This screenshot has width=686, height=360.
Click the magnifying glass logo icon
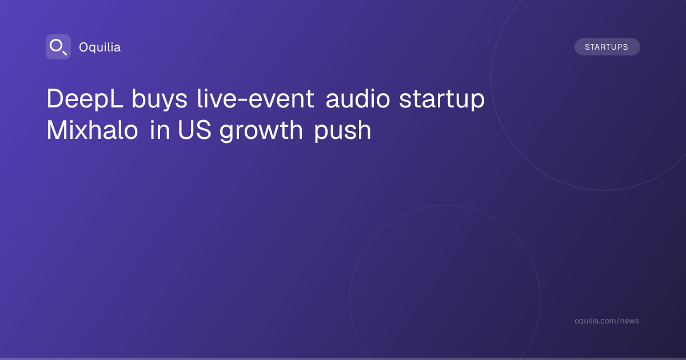pyautogui.click(x=58, y=47)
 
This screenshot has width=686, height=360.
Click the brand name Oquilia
pyautogui.click(x=100, y=47)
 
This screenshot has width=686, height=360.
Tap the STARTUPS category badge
pyautogui.click(x=607, y=47)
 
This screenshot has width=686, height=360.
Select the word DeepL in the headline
pyautogui.click(x=85, y=99)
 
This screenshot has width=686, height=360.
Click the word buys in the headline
pyautogui.click(x=159, y=99)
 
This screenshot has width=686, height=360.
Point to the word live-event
pyautogui.click(x=256, y=98)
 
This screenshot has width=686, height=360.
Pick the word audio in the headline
pyautogui.click(x=358, y=98)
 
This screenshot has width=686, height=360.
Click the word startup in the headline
pyautogui.click(x=441, y=99)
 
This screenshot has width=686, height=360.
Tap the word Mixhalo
pyautogui.click(x=92, y=130)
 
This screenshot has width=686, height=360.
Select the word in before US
pyautogui.click(x=159, y=130)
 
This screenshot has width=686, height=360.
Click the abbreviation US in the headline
pyautogui.click(x=194, y=130)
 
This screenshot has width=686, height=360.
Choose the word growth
pyautogui.click(x=261, y=131)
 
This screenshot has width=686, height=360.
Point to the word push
pyautogui.click(x=342, y=131)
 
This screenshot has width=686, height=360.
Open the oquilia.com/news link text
pyautogui.click(x=607, y=321)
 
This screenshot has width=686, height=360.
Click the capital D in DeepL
pyautogui.click(x=55, y=98)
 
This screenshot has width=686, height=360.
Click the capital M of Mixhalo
pyautogui.click(x=57, y=130)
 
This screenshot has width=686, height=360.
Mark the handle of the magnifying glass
pyautogui.click(x=64, y=53)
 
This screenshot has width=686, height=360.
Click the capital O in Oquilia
pyautogui.click(x=84, y=47)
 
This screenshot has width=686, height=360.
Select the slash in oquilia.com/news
pyautogui.click(x=617, y=321)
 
